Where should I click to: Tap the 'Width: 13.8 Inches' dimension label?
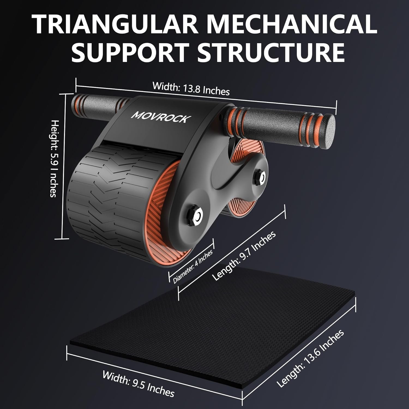point(191,88)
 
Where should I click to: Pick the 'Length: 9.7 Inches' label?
point(244,256)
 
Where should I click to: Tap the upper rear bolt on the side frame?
point(260,177)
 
